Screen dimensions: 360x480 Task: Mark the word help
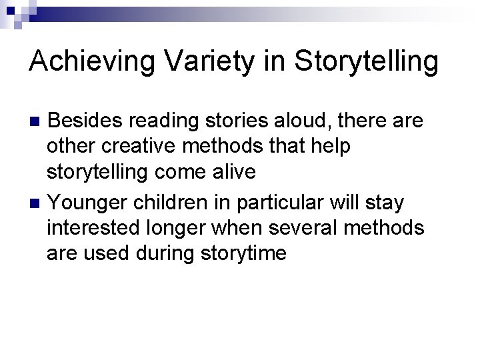326,147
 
